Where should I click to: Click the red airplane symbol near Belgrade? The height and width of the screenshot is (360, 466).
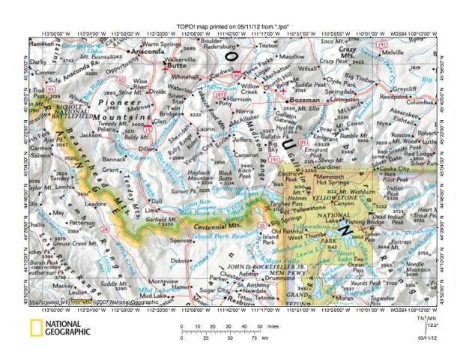(284, 91)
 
